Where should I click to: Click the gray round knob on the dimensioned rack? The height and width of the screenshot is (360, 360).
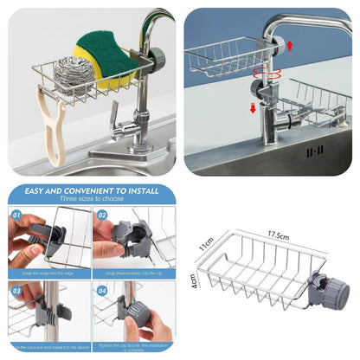[332, 290]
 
